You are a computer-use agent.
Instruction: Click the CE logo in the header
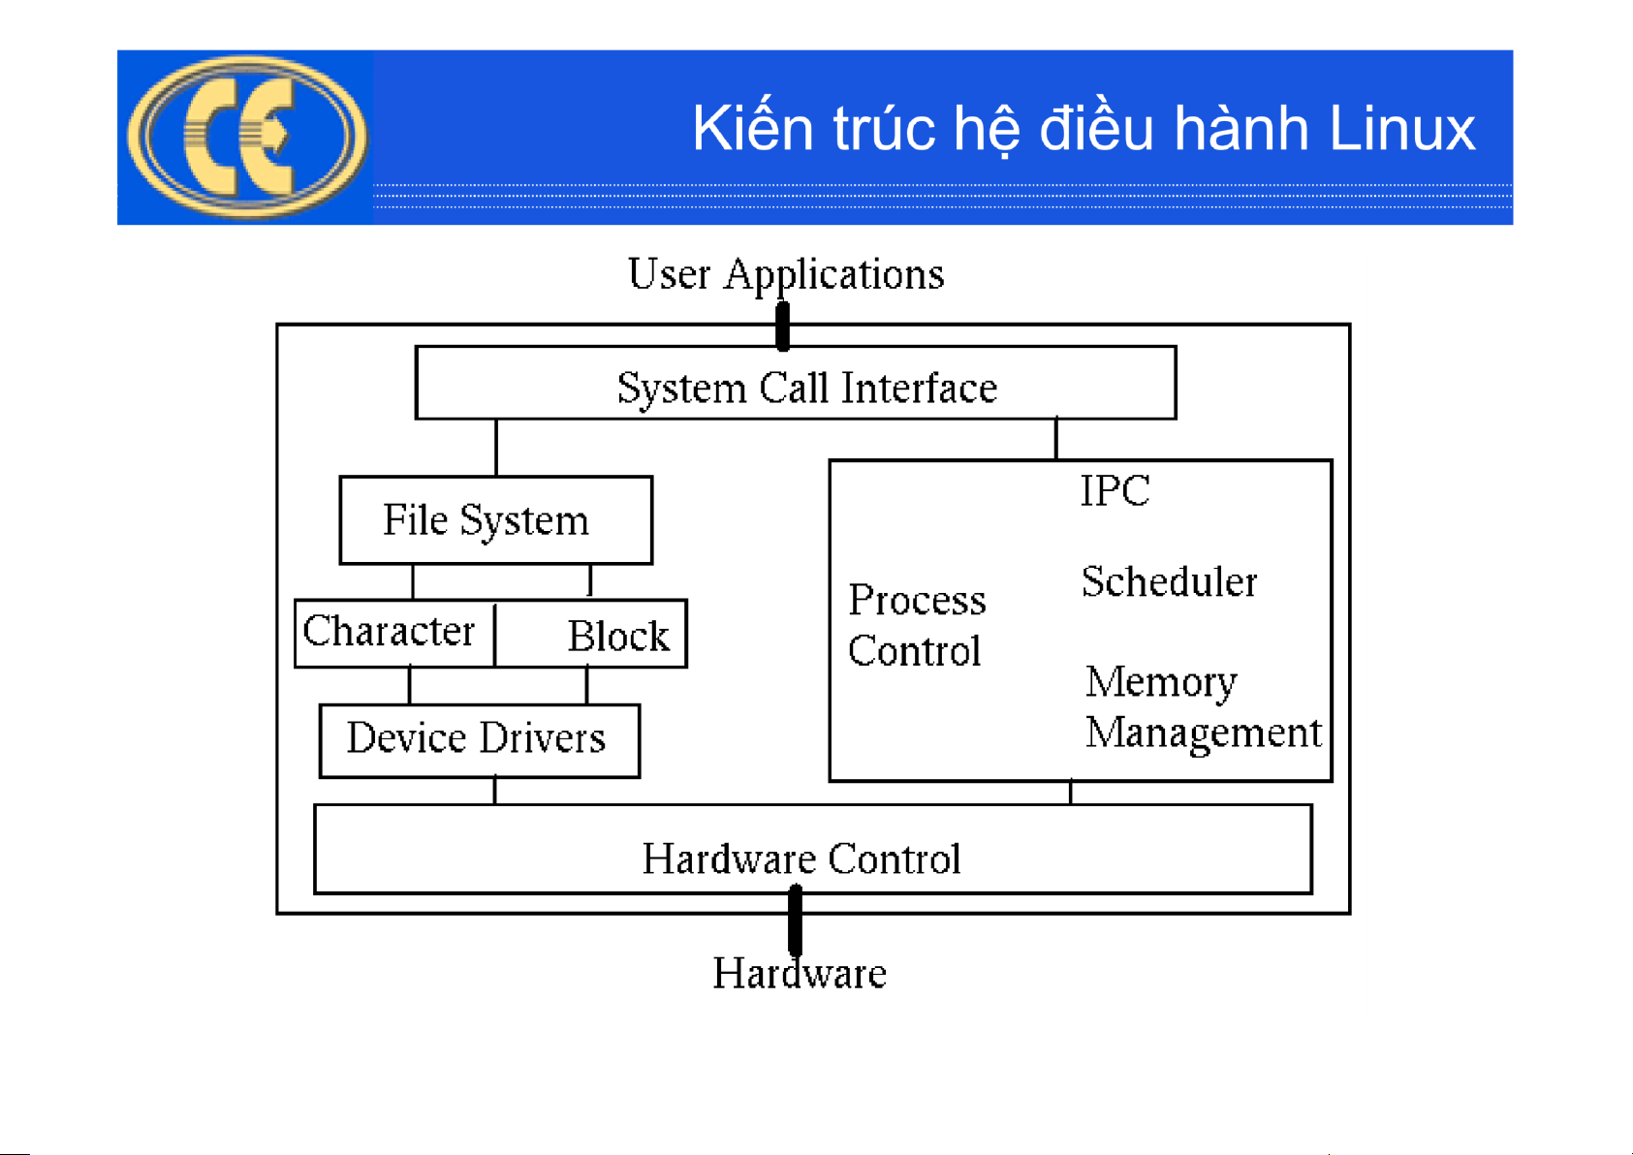[x=247, y=136]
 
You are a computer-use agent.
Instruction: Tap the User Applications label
[x=785, y=274]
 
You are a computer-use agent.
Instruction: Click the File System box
[x=495, y=520]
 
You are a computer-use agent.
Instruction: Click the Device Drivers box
[x=479, y=740]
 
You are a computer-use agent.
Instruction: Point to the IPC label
[x=1115, y=490]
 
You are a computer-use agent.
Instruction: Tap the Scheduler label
[x=1169, y=582]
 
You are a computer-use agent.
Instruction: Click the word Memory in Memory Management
[x=1160, y=683]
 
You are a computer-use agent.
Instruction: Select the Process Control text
[x=916, y=625]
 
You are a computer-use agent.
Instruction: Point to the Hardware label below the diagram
[x=800, y=974]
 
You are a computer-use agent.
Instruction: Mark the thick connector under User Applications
[x=783, y=326]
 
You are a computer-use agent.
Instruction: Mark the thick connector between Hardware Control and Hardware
[x=795, y=921]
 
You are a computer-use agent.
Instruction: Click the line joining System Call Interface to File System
[x=496, y=448]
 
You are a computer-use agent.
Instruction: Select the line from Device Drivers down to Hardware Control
[x=495, y=791]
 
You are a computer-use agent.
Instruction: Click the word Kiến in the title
[x=752, y=129]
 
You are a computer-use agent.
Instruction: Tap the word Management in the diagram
[x=1203, y=734]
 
